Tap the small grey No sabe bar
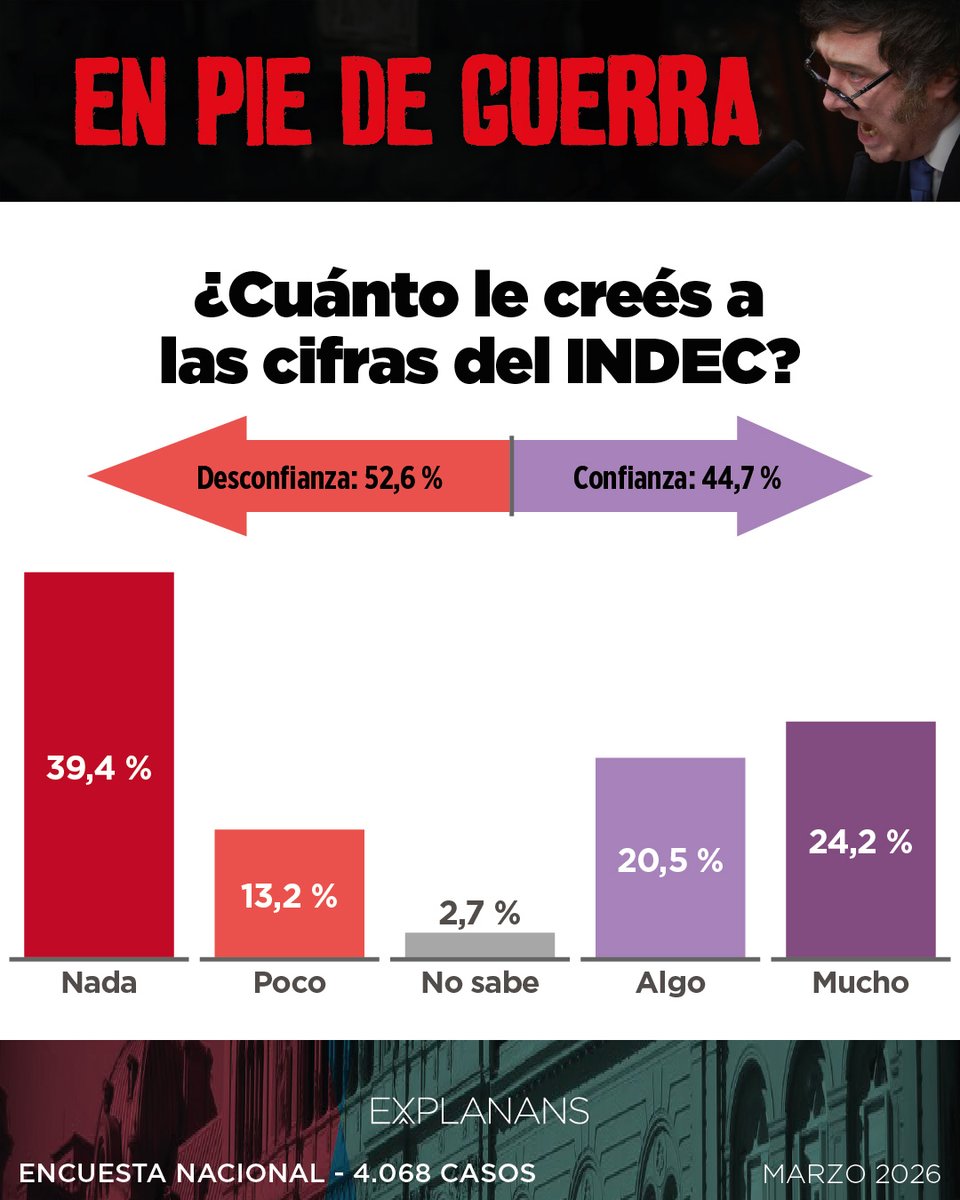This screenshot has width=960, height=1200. [479, 945]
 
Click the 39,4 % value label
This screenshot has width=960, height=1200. [99, 769]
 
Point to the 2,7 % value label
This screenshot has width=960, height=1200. [479, 912]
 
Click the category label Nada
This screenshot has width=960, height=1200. [99, 983]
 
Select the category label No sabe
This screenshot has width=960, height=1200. [479, 983]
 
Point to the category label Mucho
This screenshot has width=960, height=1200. [860, 983]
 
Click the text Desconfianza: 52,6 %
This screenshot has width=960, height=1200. [319, 478]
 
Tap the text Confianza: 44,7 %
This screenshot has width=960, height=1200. [677, 478]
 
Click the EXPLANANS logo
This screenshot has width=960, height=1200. [479, 1112]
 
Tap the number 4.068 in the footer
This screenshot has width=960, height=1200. [383, 1172]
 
